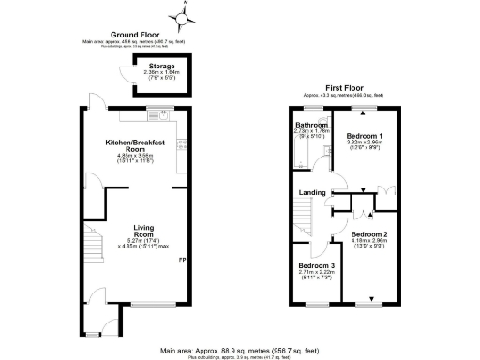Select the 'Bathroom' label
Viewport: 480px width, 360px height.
pos(311,125)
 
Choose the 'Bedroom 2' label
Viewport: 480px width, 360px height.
pos(369,234)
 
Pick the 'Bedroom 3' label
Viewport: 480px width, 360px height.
pos(310,265)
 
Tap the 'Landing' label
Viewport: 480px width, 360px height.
pos(311,194)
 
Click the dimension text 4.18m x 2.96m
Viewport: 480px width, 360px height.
pos(369,242)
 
